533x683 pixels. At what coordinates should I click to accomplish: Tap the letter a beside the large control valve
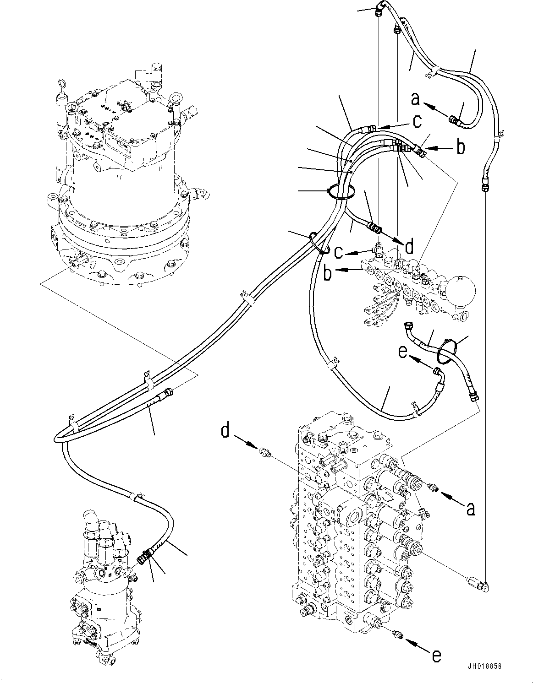tap(470, 508)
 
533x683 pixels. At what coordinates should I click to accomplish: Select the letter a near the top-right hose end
tap(416, 98)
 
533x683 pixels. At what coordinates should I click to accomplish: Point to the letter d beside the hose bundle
tap(409, 247)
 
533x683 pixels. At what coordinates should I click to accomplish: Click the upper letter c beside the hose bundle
tap(417, 121)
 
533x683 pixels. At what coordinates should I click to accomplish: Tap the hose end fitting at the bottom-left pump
tap(143, 558)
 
